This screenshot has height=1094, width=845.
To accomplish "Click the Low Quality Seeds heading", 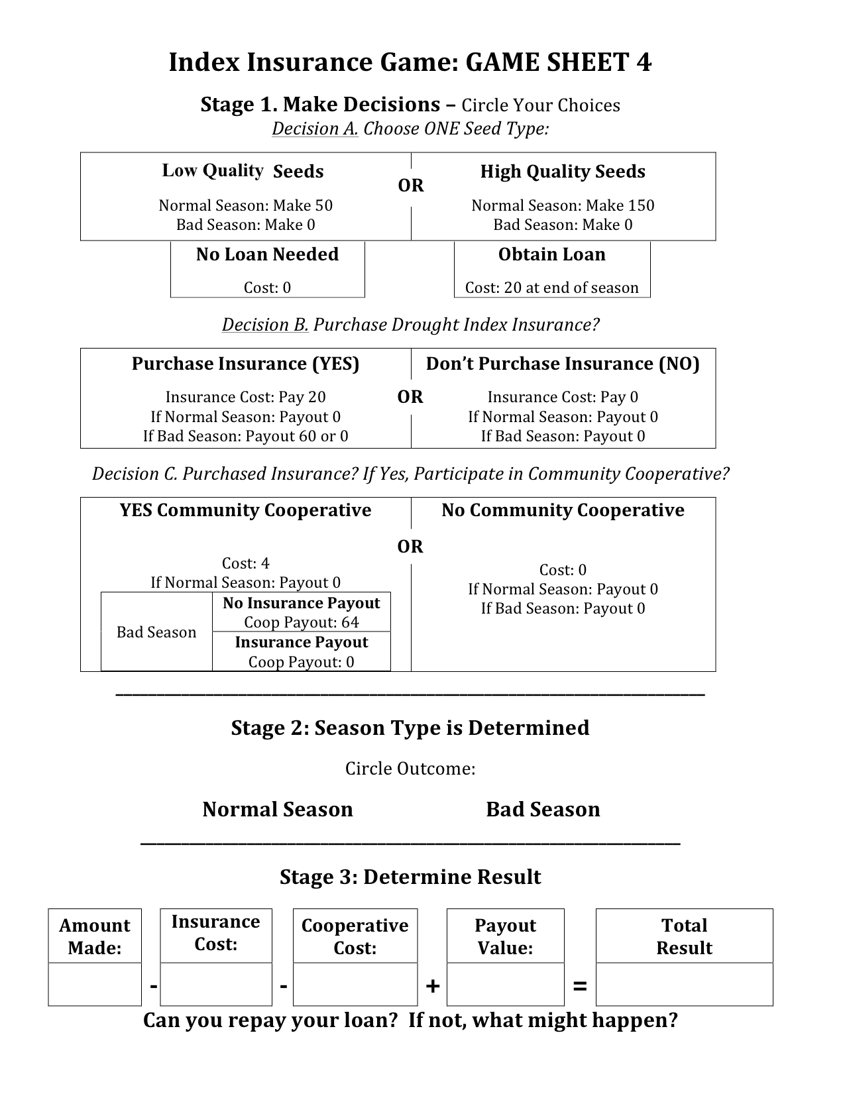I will click(x=243, y=171).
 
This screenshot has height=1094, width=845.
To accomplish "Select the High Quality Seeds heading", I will click(x=563, y=172).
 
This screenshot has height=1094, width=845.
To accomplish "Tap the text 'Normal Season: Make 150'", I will click(x=563, y=205).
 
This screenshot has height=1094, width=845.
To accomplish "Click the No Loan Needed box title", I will click(x=267, y=254).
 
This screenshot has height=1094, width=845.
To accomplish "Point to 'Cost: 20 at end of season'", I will click(x=551, y=288).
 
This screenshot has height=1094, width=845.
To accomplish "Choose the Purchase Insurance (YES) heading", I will click(x=245, y=364).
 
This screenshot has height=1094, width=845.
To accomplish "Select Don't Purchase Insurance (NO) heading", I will click(x=563, y=364).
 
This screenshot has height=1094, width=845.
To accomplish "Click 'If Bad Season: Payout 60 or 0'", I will click(x=245, y=436).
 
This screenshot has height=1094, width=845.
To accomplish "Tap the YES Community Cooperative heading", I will click(x=245, y=510).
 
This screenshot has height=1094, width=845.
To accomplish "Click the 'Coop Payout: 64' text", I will click(x=301, y=622).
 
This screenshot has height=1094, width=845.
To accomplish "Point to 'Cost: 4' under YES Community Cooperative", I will click(x=245, y=563).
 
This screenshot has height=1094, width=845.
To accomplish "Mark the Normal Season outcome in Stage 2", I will click(x=277, y=809).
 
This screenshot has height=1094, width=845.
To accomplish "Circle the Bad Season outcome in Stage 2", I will click(x=543, y=809).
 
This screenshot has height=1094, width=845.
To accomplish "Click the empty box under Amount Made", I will click(x=95, y=984).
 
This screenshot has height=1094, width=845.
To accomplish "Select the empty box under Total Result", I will click(x=684, y=984).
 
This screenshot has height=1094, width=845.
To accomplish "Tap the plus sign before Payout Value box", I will click(x=432, y=986).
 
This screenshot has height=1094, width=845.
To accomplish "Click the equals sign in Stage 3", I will click(x=579, y=986).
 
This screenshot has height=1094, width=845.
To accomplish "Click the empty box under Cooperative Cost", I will click(x=355, y=984).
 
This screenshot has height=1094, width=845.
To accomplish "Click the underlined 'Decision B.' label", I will click(x=265, y=325).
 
